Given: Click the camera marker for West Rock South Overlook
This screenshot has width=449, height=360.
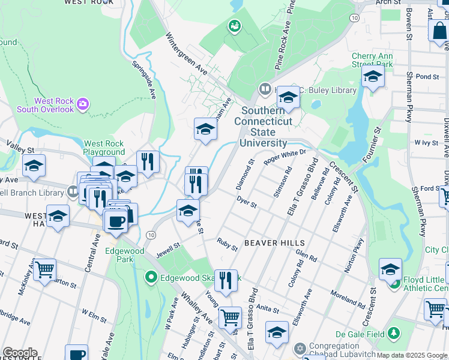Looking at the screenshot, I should [83, 105].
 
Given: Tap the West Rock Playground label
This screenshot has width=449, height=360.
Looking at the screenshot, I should [104, 148].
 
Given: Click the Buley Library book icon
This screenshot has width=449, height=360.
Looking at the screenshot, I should [264, 90].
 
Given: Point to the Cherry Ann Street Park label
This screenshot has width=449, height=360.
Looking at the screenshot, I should [372, 60].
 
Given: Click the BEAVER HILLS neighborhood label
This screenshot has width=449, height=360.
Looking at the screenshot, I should [275, 243].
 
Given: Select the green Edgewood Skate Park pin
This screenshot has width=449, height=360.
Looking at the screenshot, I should [151, 277].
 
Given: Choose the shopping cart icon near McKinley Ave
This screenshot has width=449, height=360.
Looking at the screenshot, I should [44, 271].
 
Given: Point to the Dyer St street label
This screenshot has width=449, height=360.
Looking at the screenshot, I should [246, 202].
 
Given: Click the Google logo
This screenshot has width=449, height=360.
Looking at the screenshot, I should [20, 353].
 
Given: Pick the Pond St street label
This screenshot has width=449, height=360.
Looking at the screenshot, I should [427, 77].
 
